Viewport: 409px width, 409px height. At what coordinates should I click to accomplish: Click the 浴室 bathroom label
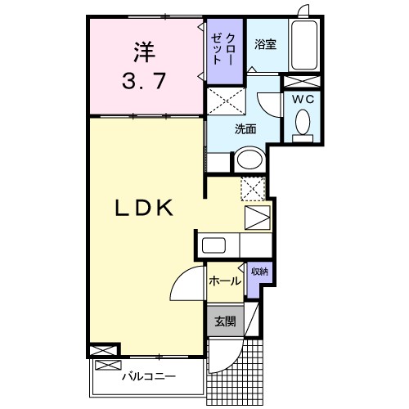[265, 44]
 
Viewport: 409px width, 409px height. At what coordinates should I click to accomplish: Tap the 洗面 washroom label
[245, 128]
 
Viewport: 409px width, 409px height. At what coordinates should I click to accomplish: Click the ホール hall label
[224, 281]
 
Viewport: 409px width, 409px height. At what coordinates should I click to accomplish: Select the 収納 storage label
[258, 271]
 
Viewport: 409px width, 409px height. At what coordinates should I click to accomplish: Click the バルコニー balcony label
[149, 378]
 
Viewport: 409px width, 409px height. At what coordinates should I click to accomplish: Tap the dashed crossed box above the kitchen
[254, 188]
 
